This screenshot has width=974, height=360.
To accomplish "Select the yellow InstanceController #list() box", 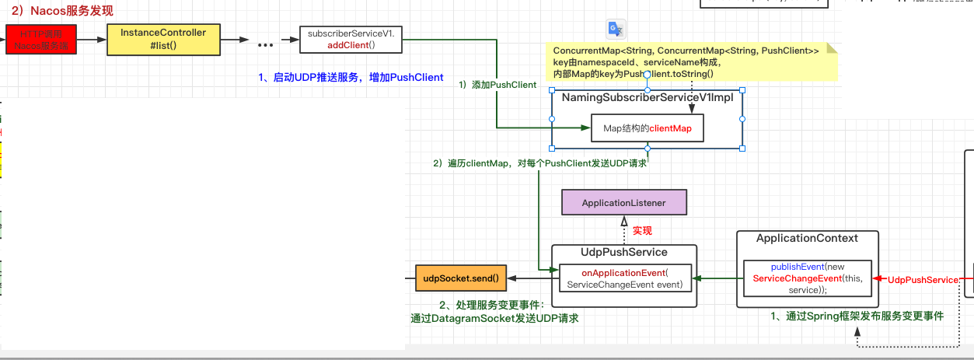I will pyautogui.click(x=163, y=39).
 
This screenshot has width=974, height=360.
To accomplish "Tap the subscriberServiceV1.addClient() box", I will pyautogui.click(x=351, y=40).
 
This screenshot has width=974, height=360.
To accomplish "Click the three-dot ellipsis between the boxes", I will pyautogui.click(x=265, y=45).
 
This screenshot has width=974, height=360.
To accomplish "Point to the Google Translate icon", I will pyautogui.click(x=616, y=29).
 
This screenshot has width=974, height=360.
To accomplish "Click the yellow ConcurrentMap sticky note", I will pyautogui.click(x=690, y=61).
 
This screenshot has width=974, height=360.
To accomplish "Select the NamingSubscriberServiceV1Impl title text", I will pyautogui.click(x=647, y=98).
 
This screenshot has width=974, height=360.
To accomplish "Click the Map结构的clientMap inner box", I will pyautogui.click(x=647, y=128).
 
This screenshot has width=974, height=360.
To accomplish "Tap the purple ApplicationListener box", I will pyautogui.click(x=624, y=203).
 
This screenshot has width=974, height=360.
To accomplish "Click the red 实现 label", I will pyautogui.click(x=641, y=231).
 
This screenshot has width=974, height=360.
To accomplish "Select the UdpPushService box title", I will pyautogui.click(x=623, y=252).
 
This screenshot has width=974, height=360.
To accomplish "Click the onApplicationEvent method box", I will pyautogui.click(x=624, y=279).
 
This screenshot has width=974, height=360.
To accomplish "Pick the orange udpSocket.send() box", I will pyautogui.click(x=461, y=278).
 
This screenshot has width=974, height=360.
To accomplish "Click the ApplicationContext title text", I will pyautogui.click(x=807, y=238).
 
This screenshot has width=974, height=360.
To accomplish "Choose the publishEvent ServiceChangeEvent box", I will pyautogui.click(x=808, y=278).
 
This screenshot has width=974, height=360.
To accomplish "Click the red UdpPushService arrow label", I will pyautogui.click(x=923, y=280).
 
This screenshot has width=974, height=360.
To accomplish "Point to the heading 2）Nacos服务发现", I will pyautogui.click(x=61, y=10).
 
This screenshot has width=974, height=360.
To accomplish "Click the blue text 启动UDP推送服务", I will pyautogui.click(x=350, y=77).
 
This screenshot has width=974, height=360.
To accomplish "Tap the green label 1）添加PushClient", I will pyautogui.click(x=497, y=84).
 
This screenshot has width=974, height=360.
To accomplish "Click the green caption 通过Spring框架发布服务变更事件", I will pyautogui.click(x=857, y=316).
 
